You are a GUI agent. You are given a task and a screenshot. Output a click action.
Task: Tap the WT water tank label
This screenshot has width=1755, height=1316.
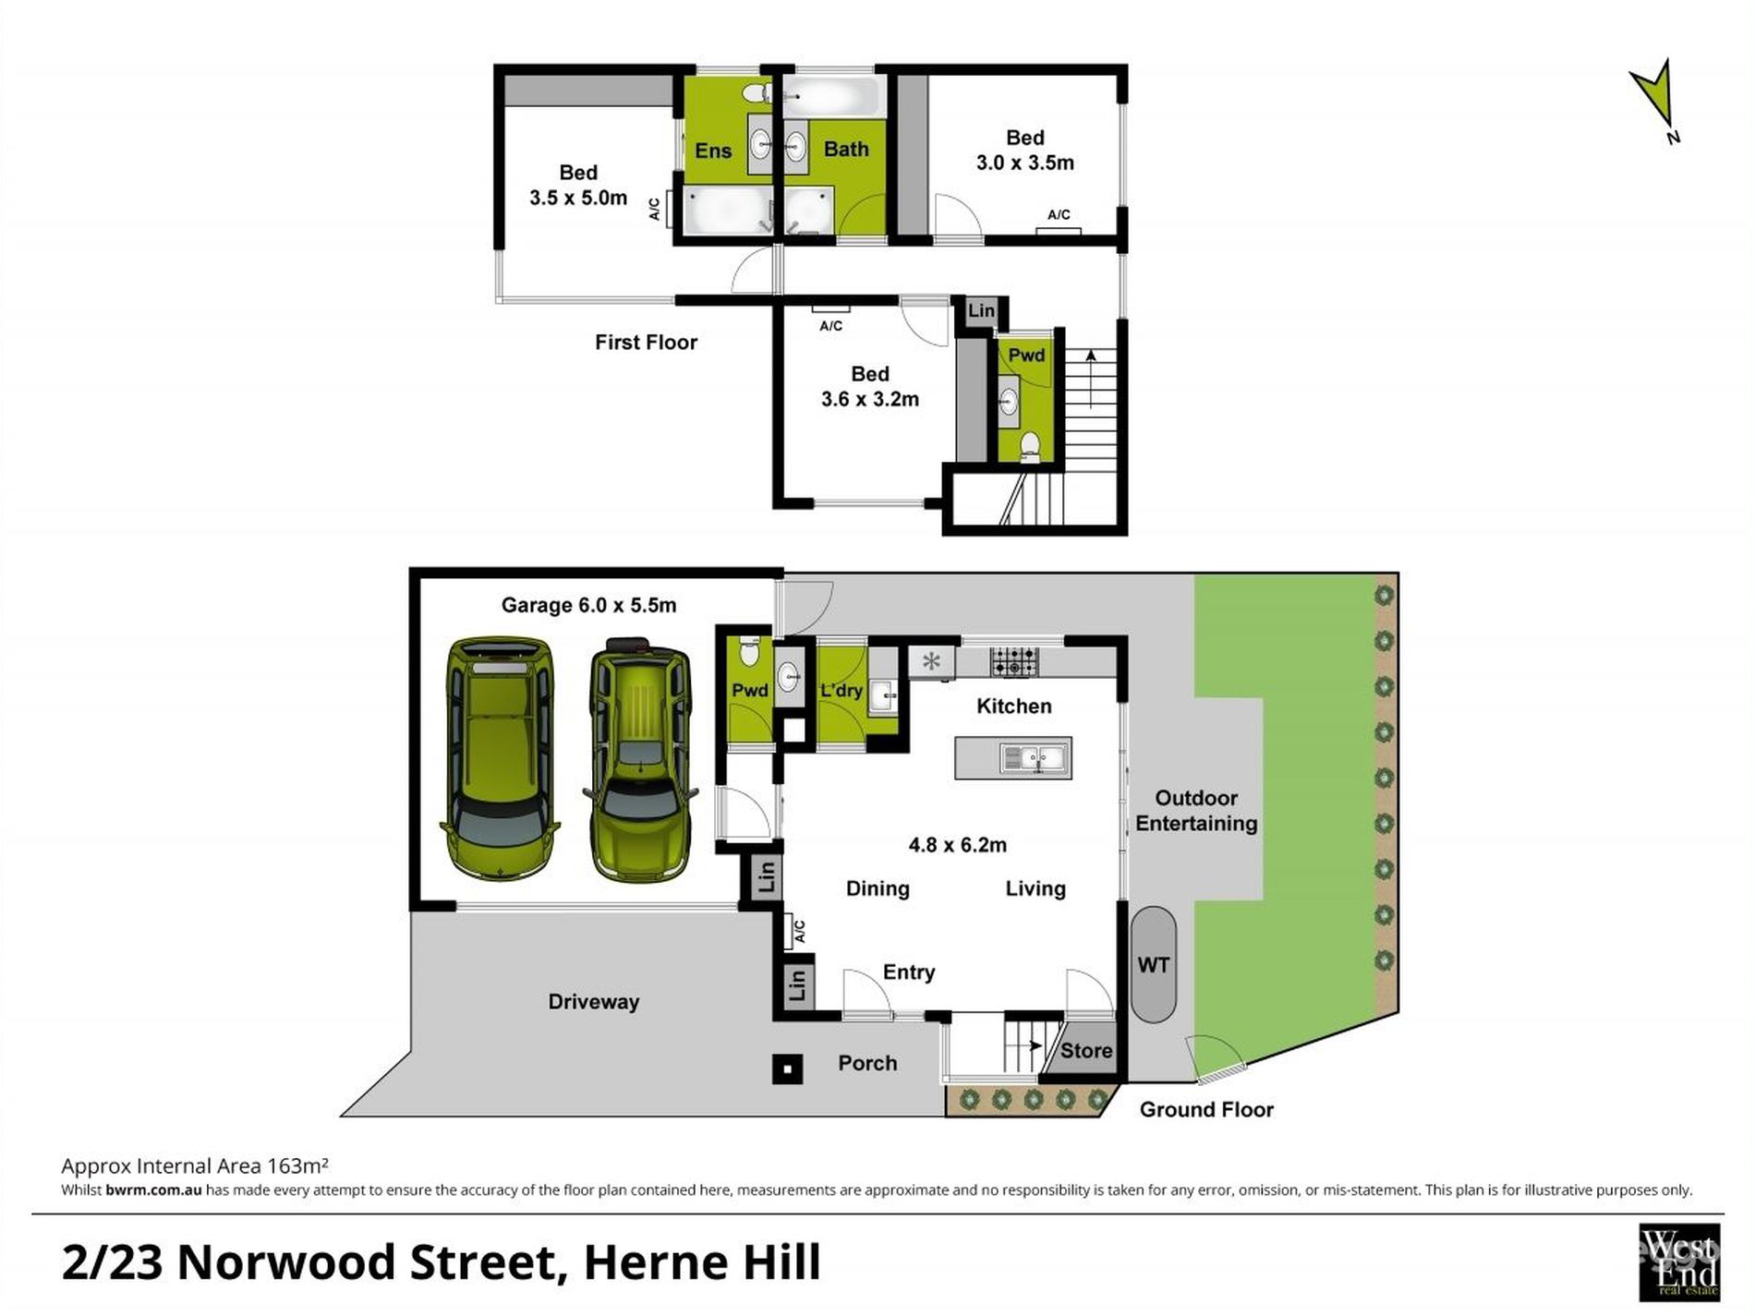pyautogui.click(x=1153, y=965)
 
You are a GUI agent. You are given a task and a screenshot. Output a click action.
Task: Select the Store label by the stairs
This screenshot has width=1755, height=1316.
pyautogui.click(x=1085, y=1050)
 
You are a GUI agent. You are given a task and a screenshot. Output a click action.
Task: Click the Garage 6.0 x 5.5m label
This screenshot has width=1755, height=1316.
pyautogui.click(x=588, y=605)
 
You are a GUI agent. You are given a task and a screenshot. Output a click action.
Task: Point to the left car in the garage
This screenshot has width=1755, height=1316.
pyautogui.click(x=501, y=757)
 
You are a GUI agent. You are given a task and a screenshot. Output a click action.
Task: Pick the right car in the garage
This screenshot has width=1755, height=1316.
pyautogui.click(x=640, y=759)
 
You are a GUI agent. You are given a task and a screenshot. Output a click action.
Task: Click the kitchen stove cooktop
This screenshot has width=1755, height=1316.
pyautogui.click(x=1013, y=661)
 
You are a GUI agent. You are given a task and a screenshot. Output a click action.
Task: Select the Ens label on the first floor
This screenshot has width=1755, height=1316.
pyautogui.click(x=713, y=151)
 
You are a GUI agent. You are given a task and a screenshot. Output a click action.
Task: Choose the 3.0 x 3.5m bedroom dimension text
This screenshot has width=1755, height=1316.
pyautogui.click(x=1024, y=163)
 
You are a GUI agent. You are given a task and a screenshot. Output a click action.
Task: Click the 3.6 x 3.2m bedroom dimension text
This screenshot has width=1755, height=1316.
pyautogui.click(x=869, y=399)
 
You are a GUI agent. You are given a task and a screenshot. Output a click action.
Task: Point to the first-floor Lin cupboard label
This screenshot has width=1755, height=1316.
pyautogui.click(x=981, y=310)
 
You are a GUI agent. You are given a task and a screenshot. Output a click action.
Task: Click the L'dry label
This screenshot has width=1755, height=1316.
pyautogui.click(x=841, y=690)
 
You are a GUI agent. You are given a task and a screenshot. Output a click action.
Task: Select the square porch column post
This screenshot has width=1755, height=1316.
pyautogui.click(x=787, y=1068)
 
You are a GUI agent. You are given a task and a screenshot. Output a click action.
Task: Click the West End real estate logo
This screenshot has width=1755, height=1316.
pyautogui.click(x=1678, y=1261)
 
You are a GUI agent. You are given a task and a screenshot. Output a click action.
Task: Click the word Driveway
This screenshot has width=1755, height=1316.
pyautogui.click(x=593, y=1002)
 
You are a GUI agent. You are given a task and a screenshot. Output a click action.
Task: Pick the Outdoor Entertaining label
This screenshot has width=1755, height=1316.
pyautogui.click(x=1196, y=811)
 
